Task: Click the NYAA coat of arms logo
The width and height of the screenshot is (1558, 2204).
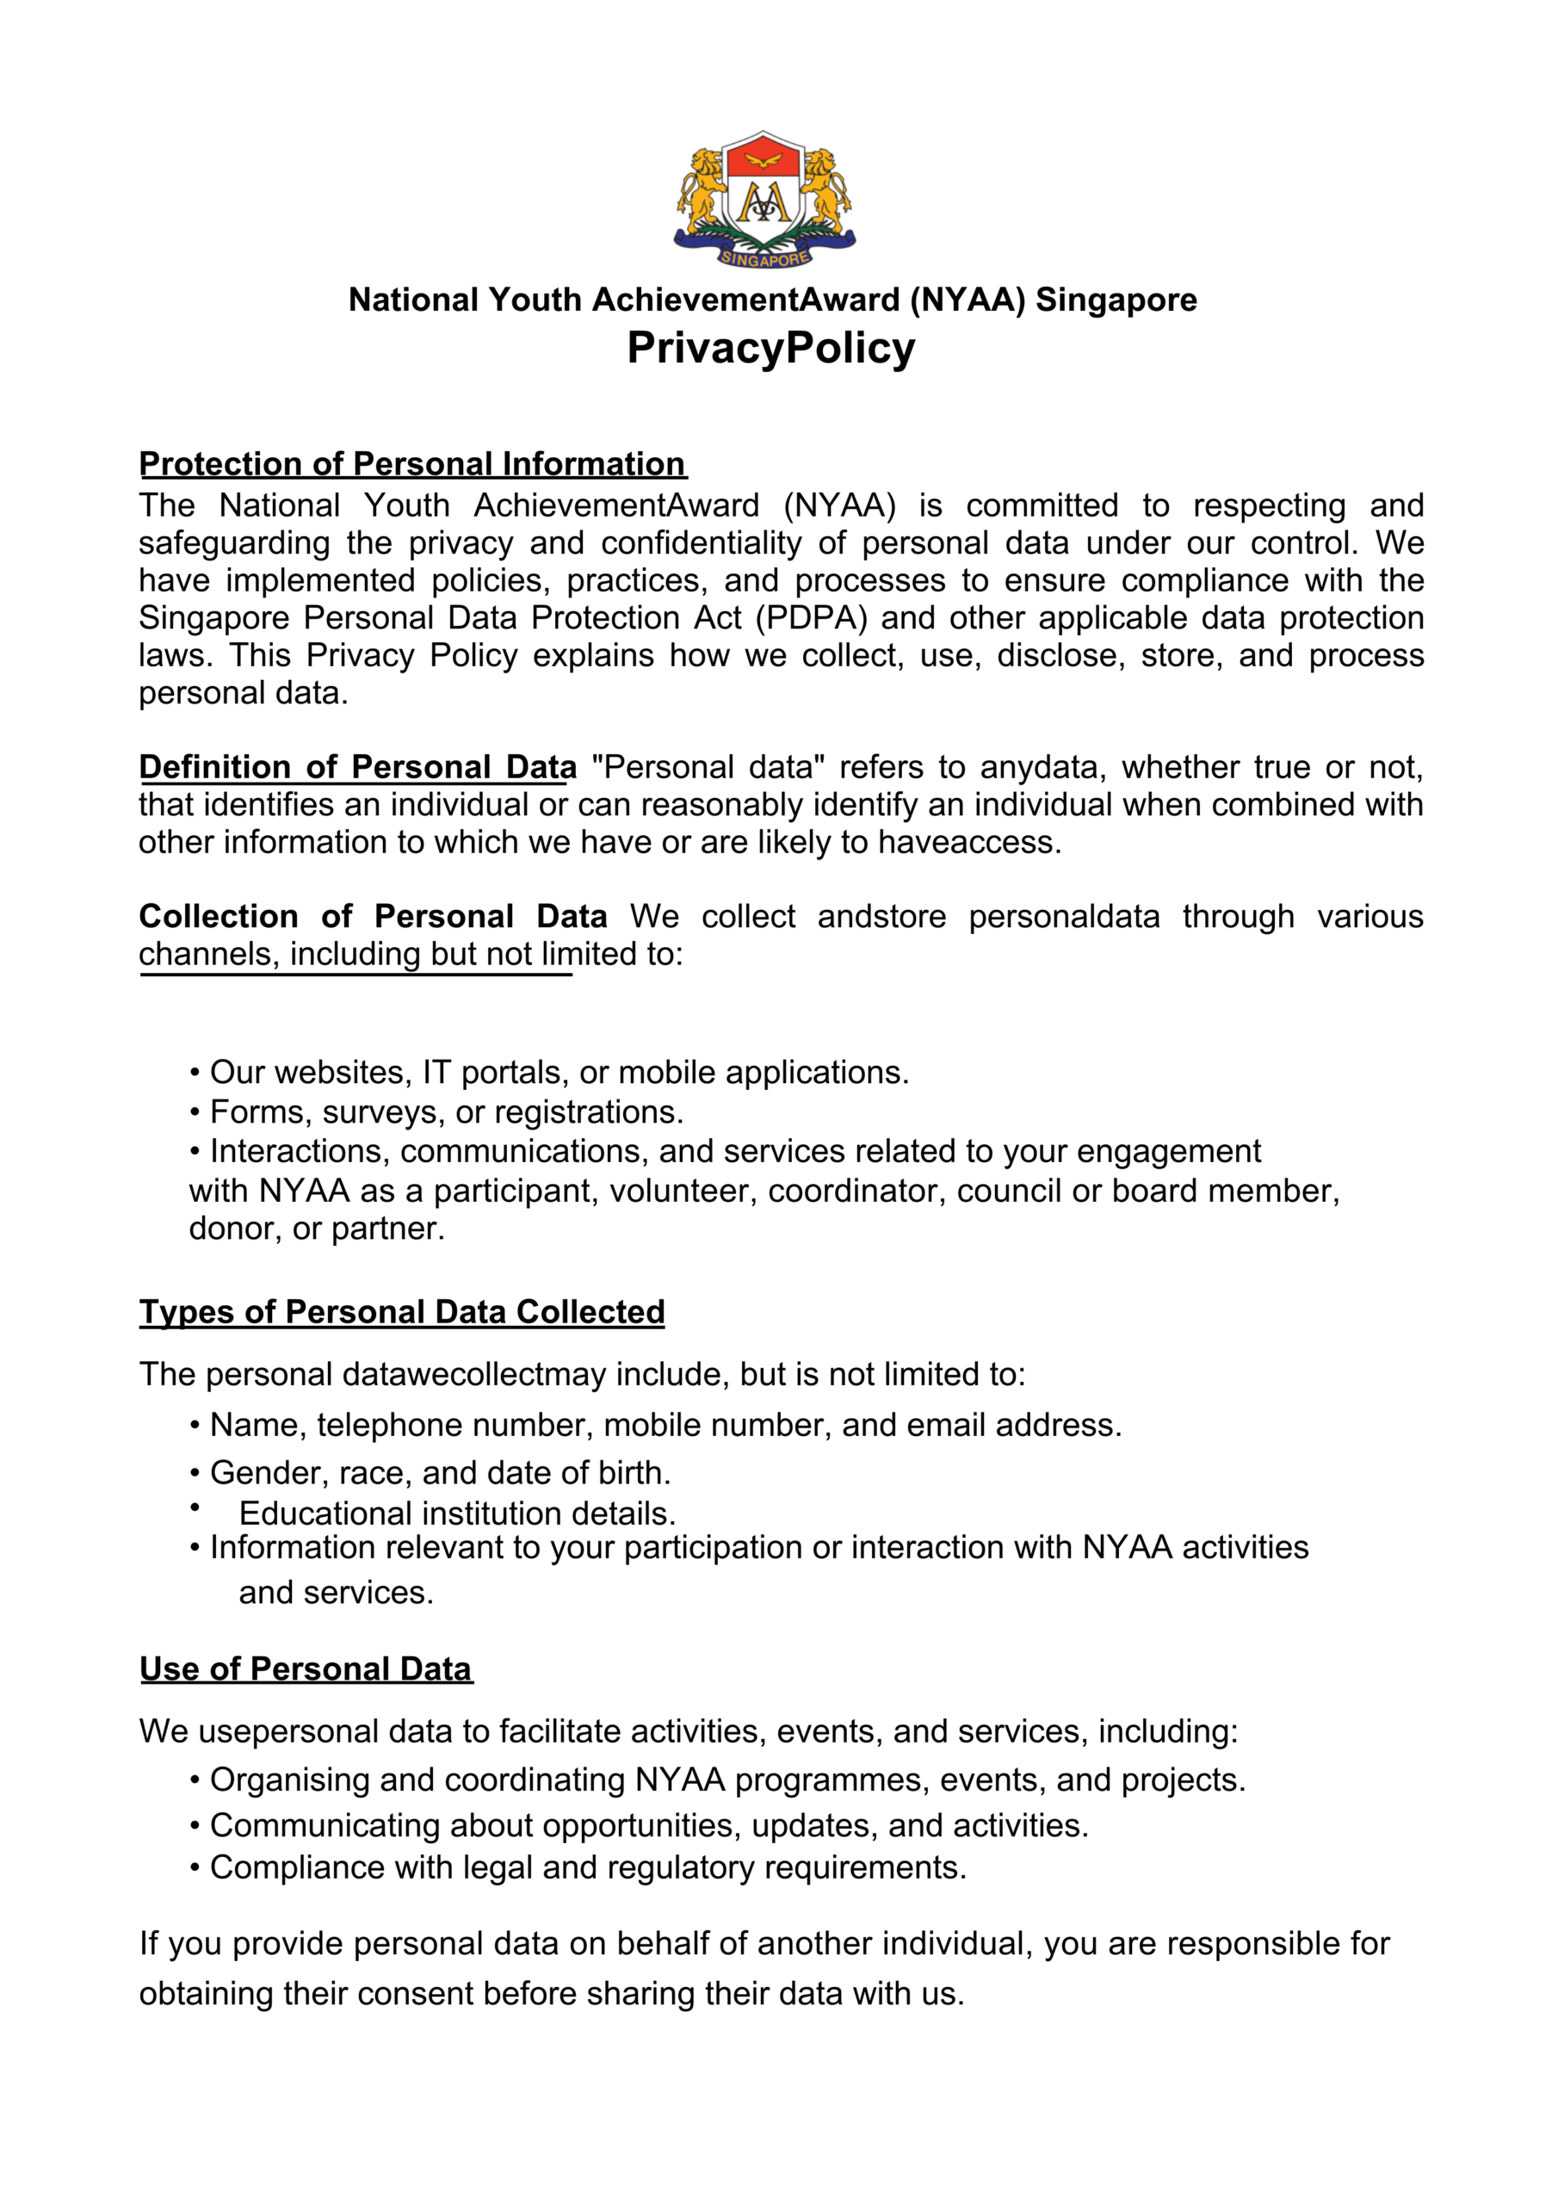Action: click(764, 199)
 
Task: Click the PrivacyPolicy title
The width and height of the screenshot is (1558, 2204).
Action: click(771, 348)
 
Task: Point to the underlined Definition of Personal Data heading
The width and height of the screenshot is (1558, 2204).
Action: click(357, 767)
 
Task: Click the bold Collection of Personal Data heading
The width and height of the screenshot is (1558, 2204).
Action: click(373, 917)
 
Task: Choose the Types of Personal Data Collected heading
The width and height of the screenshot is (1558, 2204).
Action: click(401, 1311)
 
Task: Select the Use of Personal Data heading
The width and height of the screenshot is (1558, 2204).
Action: click(306, 1668)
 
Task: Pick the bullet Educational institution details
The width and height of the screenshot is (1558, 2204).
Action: click(457, 1514)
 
